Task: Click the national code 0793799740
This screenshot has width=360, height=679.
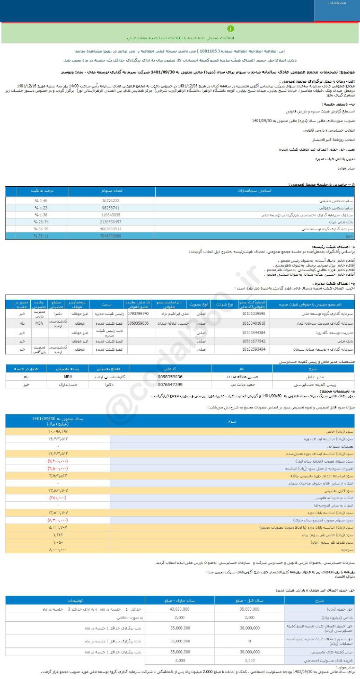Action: (137, 314)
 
